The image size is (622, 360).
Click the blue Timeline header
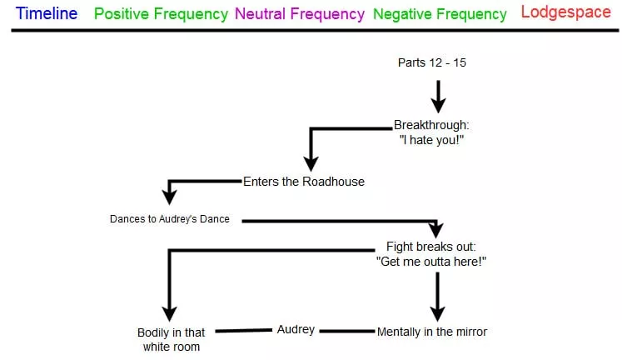tap(47, 13)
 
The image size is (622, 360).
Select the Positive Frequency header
tap(162, 14)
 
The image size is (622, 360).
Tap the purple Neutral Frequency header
tap(300, 14)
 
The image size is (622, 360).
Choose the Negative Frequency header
tap(440, 14)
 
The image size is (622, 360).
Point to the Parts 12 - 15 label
tap(431, 62)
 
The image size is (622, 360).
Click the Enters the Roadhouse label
tap(303, 181)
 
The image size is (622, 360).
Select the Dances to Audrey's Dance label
tap(169, 219)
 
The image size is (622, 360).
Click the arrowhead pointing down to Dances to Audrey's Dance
tap(170, 197)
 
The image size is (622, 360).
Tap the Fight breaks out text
tap(431, 247)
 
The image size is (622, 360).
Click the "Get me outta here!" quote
tap(431, 261)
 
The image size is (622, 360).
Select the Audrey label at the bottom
tap(296, 330)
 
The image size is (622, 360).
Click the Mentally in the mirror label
tap(431, 331)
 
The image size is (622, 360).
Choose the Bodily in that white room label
tap(171, 339)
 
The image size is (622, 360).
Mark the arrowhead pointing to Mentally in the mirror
tap(436, 312)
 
